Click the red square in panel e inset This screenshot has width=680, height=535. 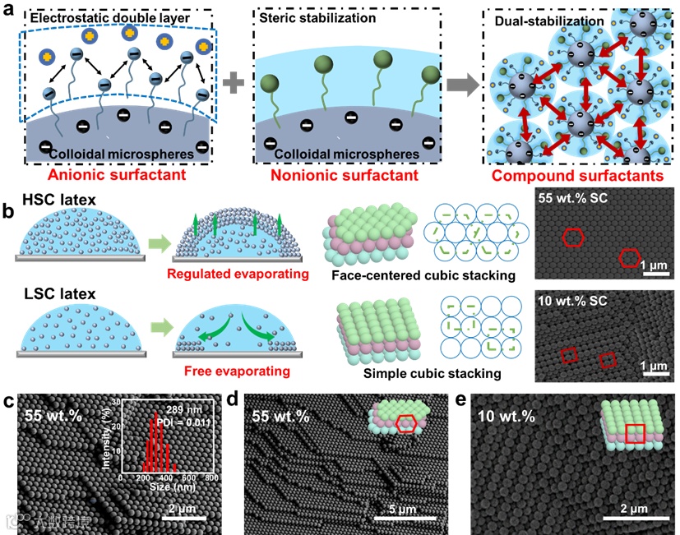[634, 433]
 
